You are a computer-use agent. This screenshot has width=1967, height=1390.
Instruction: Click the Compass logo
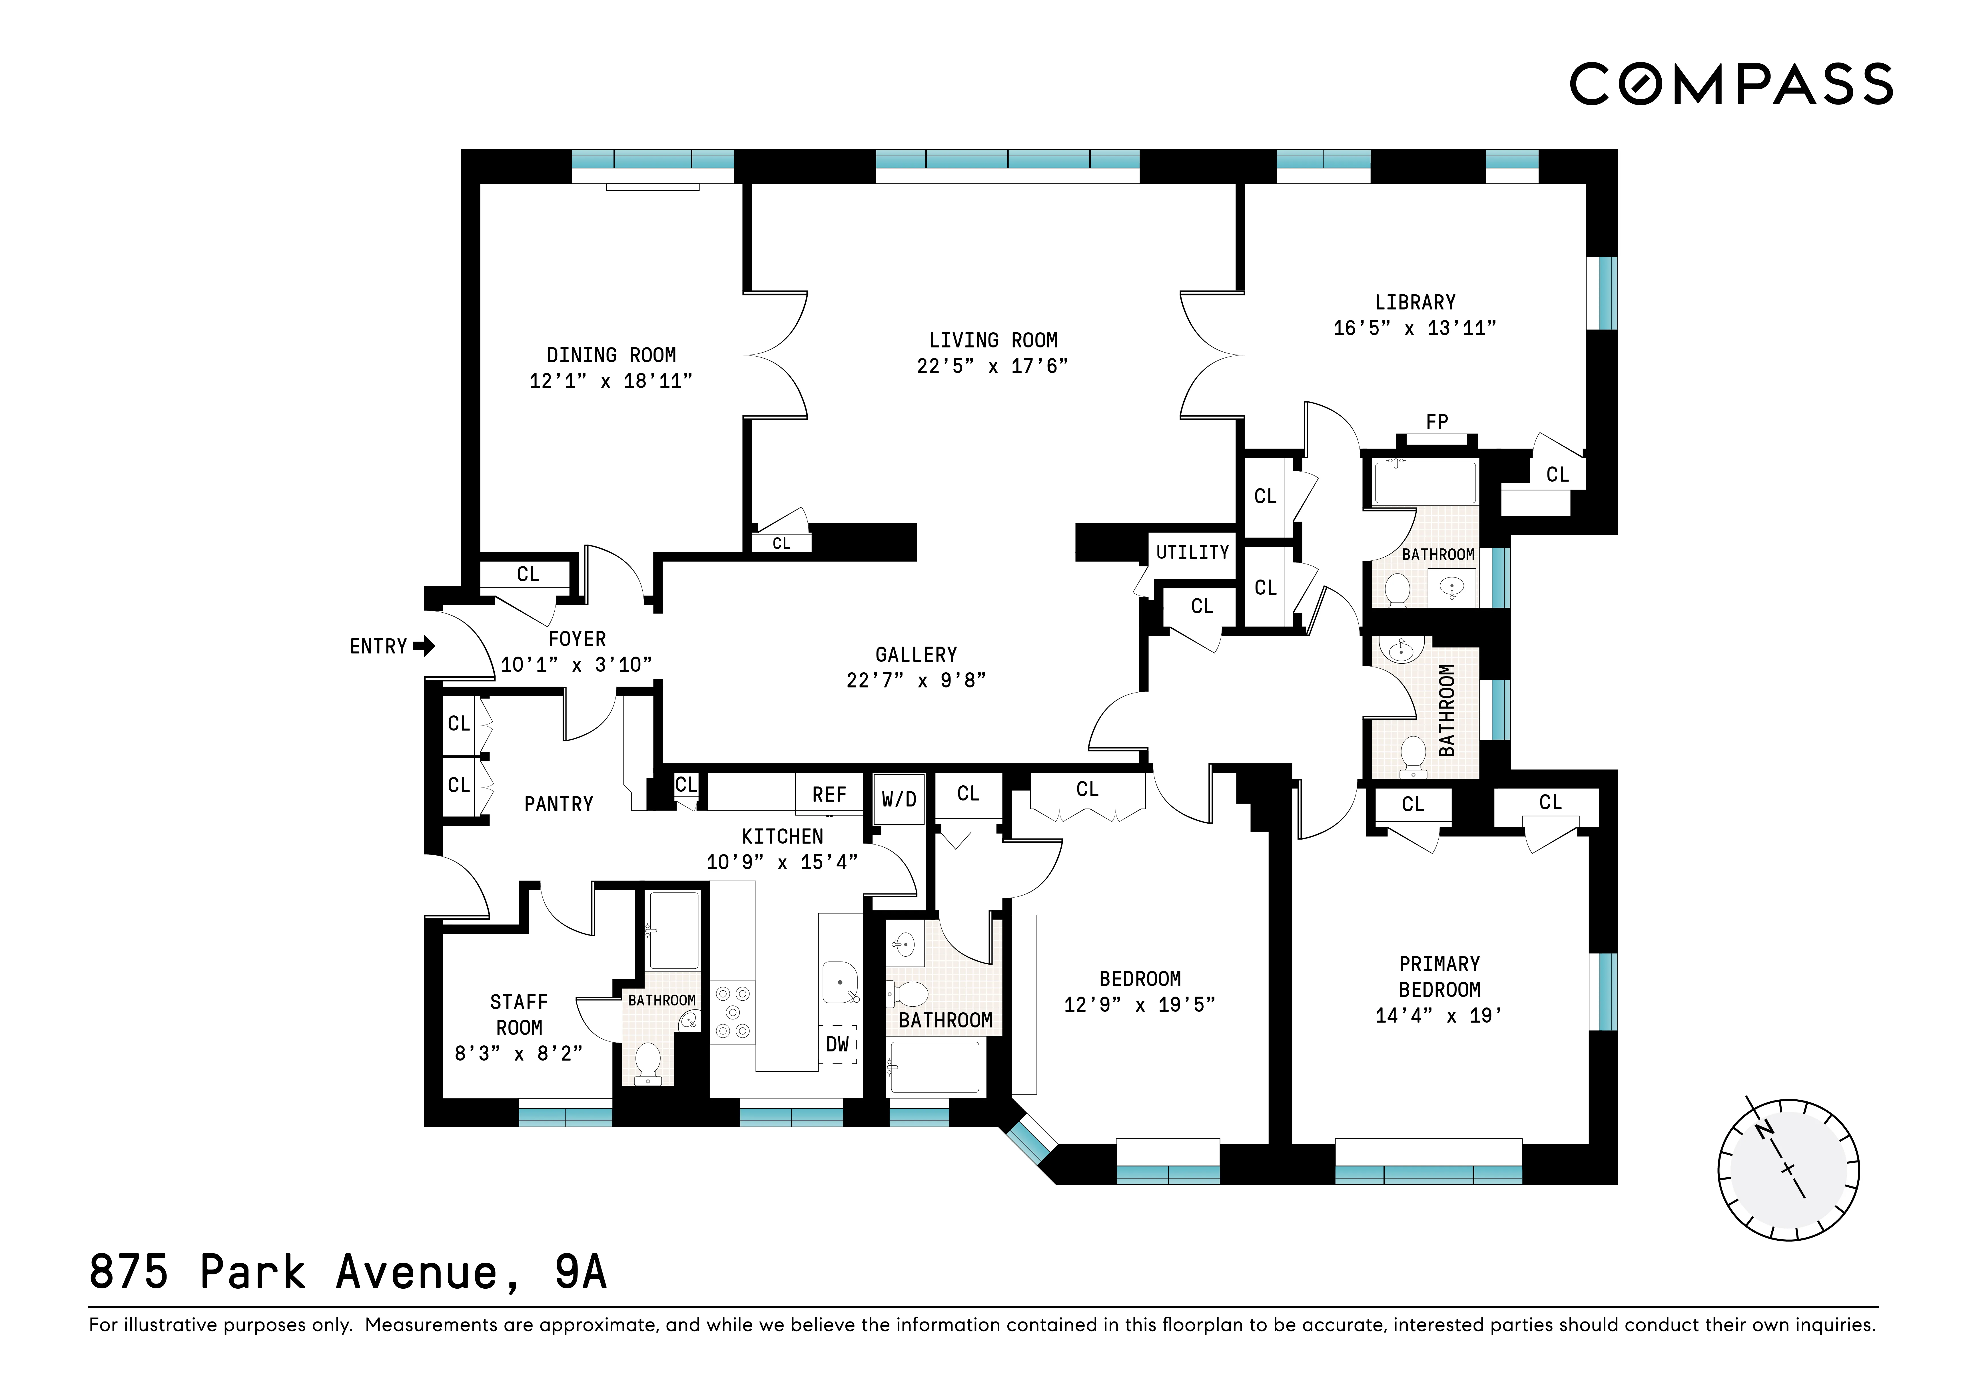pos(1731,84)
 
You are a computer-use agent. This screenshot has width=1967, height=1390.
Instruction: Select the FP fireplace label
pos(1437,421)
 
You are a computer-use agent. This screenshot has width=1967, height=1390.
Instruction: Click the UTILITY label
pos(1192,552)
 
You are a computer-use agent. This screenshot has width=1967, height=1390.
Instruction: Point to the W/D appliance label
pos(899,799)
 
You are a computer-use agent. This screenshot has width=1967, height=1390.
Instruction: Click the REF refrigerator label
pos(829,794)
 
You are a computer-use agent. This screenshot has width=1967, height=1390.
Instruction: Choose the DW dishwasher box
pos(837,1044)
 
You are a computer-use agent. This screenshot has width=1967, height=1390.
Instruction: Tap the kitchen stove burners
pos(733,1012)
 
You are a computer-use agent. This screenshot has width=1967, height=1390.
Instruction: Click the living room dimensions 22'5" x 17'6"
pos(992,366)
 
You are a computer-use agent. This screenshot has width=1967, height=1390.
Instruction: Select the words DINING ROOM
pos(611,355)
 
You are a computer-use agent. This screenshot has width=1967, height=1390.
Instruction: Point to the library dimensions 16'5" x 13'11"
pos(1414,327)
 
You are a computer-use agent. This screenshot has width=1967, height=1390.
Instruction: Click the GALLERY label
pos(916,654)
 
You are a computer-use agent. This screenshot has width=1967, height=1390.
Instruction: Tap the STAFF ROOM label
pos(518,1014)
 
